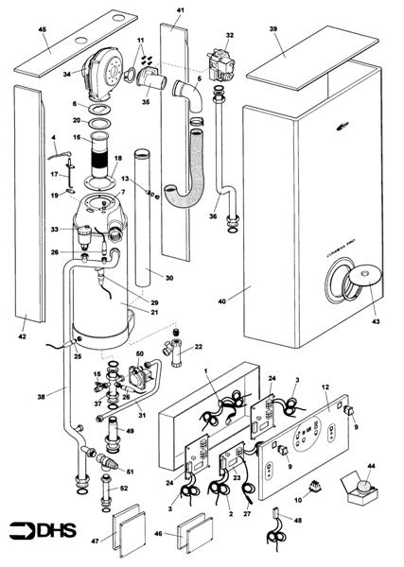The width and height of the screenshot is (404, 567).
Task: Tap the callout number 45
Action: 42,29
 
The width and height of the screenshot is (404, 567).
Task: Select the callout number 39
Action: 273,30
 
